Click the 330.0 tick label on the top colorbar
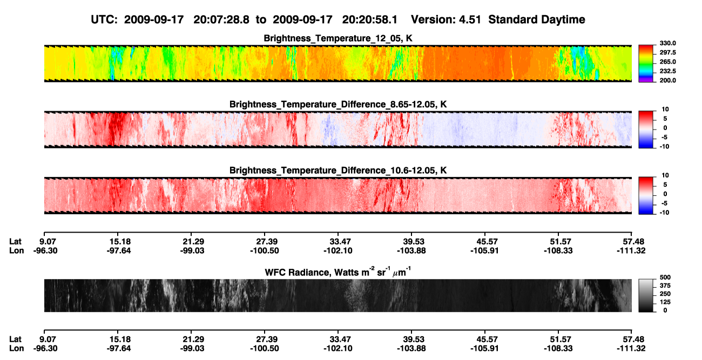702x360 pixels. (x=667, y=43)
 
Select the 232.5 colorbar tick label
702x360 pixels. (x=667, y=71)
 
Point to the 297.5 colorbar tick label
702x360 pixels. (x=667, y=52)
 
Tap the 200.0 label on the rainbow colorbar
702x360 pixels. (x=667, y=80)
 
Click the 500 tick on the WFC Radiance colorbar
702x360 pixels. (x=665, y=277)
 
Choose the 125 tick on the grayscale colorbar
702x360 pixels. (x=665, y=302)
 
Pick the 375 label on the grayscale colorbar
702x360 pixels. (x=665, y=286)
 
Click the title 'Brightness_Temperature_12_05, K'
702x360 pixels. (x=338, y=38)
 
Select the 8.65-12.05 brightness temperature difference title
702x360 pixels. (x=338, y=104)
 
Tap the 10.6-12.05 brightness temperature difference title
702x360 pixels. (x=338, y=171)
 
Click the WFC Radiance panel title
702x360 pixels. (x=338, y=272)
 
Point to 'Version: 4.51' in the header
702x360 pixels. (x=446, y=20)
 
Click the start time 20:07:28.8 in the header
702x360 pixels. (x=221, y=20)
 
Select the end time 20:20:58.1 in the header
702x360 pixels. (x=370, y=20)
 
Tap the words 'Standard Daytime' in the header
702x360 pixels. (x=537, y=20)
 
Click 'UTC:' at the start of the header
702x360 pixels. (x=104, y=20)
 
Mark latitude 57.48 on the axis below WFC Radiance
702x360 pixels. (x=631, y=339)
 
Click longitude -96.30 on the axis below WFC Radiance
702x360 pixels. (x=45, y=349)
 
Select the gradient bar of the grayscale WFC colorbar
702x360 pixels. (x=646, y=295)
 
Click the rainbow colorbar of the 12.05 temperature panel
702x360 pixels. (x=646, y=64)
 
